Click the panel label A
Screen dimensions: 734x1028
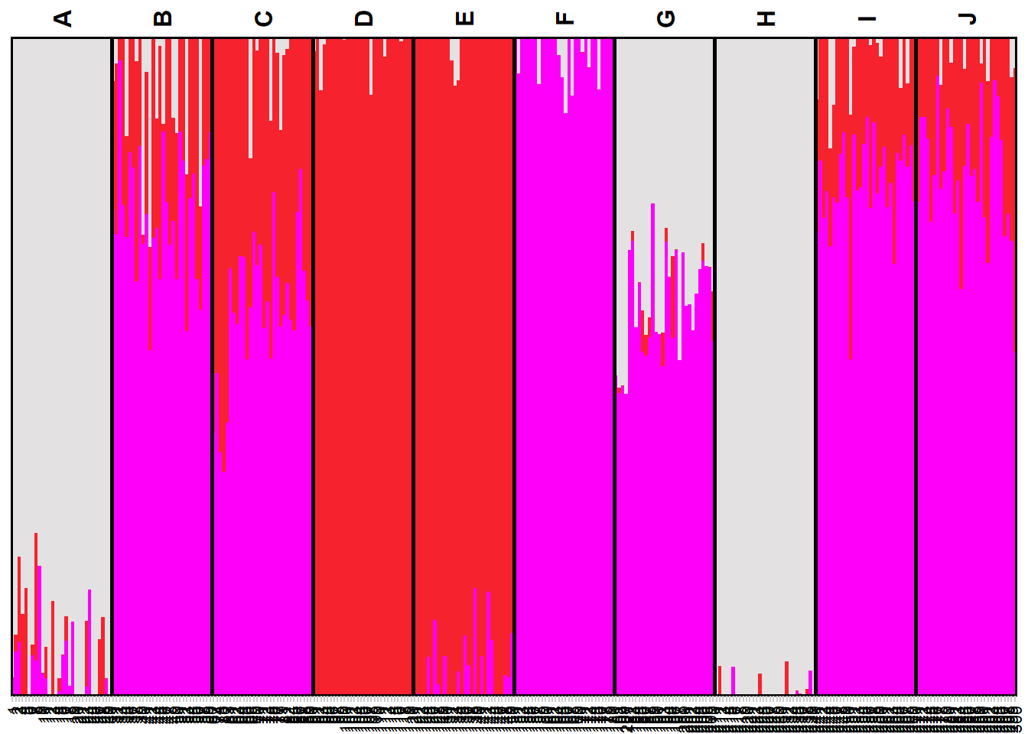63,18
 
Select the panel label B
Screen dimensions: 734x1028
163,18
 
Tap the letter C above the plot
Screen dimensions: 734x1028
263,18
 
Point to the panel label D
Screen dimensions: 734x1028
364,18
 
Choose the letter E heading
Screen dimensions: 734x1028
464,18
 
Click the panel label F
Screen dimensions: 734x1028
564,18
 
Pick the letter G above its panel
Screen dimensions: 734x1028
665,18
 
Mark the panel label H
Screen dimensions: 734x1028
766,18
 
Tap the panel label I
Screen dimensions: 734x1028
866,18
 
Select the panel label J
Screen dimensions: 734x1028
967,18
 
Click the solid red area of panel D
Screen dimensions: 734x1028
363,367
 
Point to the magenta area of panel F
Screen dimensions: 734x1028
564,382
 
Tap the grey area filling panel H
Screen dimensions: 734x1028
765,344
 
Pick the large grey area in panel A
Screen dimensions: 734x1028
61,268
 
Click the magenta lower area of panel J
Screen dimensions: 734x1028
967,497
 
